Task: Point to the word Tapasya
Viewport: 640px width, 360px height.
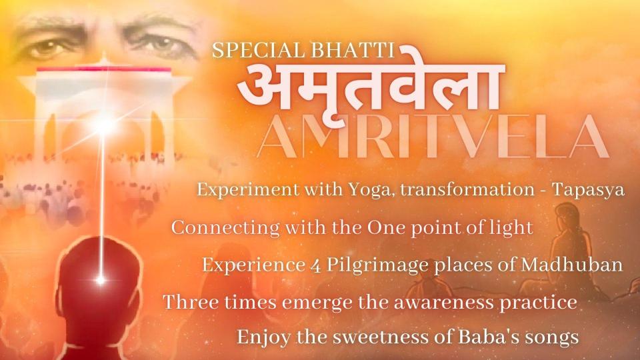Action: [x=588, y=190]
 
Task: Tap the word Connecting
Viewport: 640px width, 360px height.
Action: [x=225, y=228]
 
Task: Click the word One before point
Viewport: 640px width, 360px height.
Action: [x=387, y=227]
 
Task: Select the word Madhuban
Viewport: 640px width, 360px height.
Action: [x=572, y=265]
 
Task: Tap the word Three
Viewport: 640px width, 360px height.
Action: [x=191, y=303]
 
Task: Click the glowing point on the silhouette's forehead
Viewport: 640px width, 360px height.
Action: [x=101, y=281]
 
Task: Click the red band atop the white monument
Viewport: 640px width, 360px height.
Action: [x=104, y=69]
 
